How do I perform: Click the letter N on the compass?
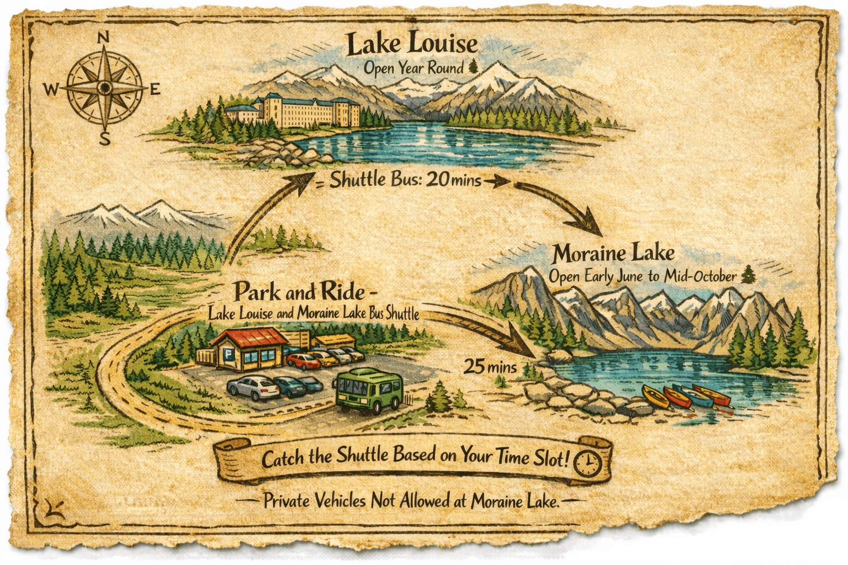click(103, 38)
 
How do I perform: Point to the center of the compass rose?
click(104, 88)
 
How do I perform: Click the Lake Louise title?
click(412, 44)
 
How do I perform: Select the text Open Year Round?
click(414, 68)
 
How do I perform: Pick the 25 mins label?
click(490, 366)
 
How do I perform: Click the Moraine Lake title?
click(613, 254)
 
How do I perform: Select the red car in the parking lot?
click(303, 361)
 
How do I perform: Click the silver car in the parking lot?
click(253, 387)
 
